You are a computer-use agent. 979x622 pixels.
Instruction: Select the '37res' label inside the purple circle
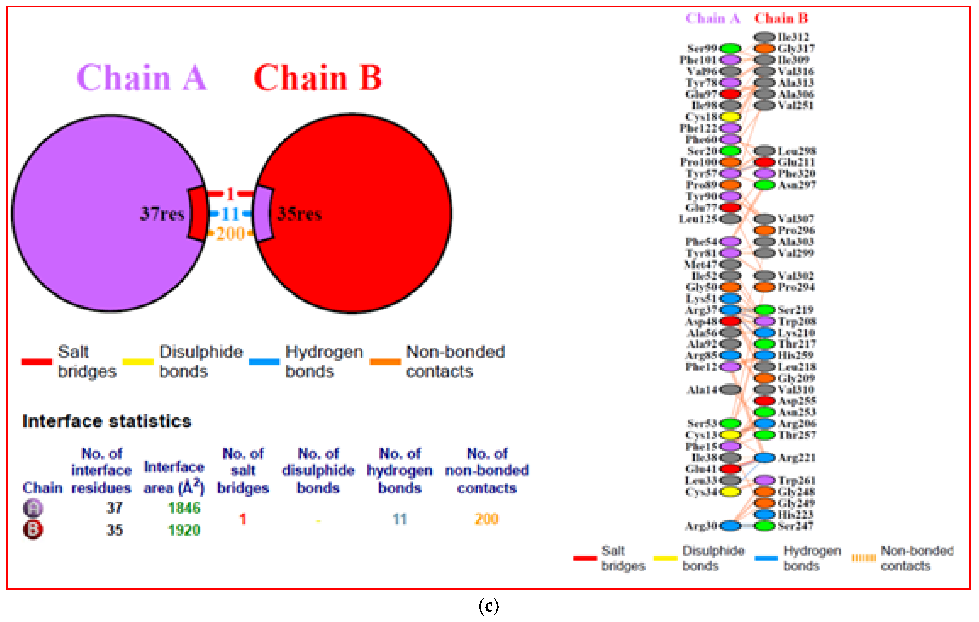(162, 214)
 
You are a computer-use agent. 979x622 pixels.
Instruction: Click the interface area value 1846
(184, 508)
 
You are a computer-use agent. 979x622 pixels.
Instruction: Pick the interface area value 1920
(184, 530)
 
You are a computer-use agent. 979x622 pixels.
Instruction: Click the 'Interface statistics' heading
(107, 421)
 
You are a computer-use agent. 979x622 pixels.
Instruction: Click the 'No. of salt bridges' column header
(243, 470)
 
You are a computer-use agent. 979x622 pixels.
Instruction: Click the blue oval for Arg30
(731, 526)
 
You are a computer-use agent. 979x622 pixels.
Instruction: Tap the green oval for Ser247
(765, 526)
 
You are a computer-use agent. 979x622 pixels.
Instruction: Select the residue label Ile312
(793, 37)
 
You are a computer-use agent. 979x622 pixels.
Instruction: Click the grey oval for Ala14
(731, 389)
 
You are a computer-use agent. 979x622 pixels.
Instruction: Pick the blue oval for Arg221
(765, 458)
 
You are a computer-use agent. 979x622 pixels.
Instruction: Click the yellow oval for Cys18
(731, 117)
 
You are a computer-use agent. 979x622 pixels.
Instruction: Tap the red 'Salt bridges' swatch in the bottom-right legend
(585, 559)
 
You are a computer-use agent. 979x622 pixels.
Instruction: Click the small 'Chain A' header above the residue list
(713, 18)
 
